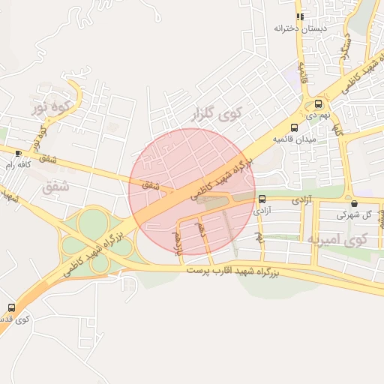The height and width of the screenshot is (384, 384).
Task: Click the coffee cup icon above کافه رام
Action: [18, 153]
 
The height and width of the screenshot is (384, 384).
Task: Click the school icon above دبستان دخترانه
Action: [300, 16]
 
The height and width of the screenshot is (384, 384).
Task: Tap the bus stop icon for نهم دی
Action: [319, 104]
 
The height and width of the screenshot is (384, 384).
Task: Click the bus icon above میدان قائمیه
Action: [294, 127]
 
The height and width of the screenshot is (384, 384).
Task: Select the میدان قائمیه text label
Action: [295, 139]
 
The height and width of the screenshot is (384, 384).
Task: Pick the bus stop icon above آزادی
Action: [262, 199]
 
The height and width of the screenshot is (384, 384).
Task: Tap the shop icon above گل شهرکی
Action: [354, 202]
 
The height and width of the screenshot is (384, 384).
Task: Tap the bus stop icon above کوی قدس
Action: [11, 307]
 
